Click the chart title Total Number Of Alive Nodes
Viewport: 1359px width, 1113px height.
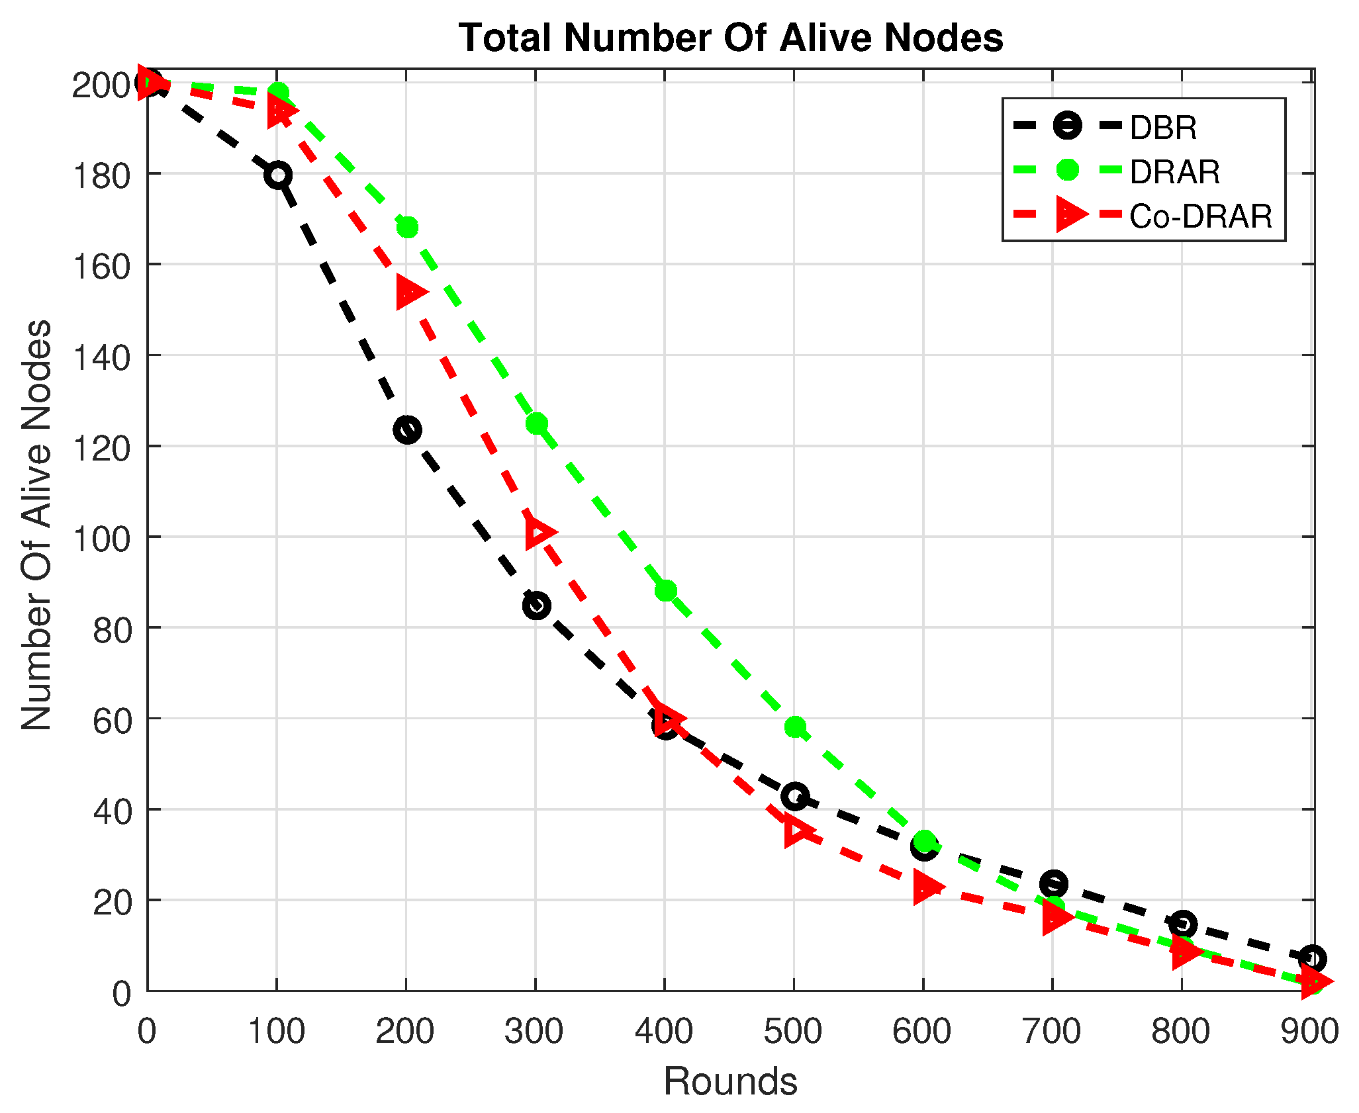[x=731, y=38]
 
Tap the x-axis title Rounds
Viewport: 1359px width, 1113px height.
[x=730, y=1081]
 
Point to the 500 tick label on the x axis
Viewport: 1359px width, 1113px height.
[x=793, y=1032]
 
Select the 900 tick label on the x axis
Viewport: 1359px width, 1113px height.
[x=1310, y=1032]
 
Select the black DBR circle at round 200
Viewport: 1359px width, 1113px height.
[x=407, y=430]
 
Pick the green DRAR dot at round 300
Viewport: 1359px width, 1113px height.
[x=537, y=423]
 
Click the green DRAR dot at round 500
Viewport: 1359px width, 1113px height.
[x=795, y=727]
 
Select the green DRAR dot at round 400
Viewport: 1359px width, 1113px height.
[x=666, y=590]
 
